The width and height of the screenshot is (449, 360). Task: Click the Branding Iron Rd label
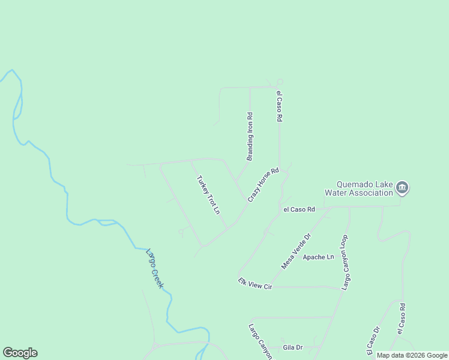coord(250,137)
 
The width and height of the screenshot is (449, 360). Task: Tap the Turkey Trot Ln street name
coord(208,195)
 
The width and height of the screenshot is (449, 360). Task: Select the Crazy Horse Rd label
coord(264,184)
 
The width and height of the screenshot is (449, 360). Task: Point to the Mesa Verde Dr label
coord(297,251)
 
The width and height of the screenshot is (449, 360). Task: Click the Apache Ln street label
coord(318,257)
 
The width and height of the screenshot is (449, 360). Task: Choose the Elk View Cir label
coord(255,284)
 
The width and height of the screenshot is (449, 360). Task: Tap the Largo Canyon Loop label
coord(346,263)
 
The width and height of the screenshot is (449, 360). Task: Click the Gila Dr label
coord(292,347)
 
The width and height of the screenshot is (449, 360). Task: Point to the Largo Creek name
coord(154,268)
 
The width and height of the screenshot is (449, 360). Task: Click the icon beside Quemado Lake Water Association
coord(403,188)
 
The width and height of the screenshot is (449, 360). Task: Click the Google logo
coord(20,353)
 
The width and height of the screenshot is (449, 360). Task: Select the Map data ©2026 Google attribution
coord(412,355)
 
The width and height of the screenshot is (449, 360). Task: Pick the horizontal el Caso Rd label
coord(300,209)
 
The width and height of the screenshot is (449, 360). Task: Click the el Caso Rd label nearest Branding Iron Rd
coord(279,107)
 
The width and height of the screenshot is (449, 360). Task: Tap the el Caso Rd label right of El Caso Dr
coord(402,319)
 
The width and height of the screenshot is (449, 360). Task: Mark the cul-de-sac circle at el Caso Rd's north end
coord(280,82)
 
